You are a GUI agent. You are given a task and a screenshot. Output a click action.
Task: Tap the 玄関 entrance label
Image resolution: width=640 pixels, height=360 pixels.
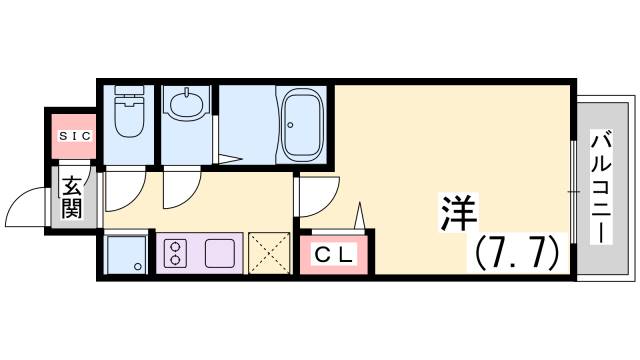point(72,197)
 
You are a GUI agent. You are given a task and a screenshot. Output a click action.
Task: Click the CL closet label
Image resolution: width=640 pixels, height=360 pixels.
point(335,255)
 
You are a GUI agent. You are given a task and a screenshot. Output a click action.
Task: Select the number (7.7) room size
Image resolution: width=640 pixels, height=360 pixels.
point(516,254)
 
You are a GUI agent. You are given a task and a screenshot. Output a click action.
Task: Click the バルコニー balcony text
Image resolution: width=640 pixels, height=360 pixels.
point(603,187)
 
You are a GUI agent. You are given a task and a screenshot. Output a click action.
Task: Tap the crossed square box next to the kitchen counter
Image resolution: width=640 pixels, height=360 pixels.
point(267,253)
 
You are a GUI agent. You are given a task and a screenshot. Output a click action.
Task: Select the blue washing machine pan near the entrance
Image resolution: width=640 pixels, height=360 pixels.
point(126,253)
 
